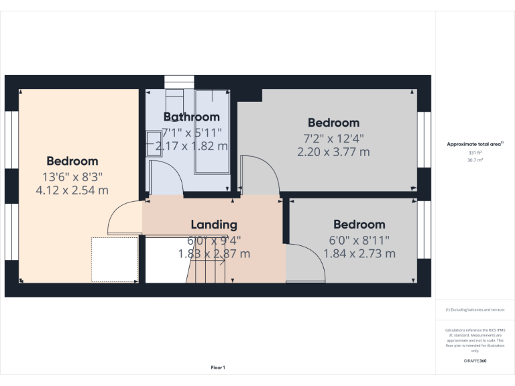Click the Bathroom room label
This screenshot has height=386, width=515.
click(x=191, y=117)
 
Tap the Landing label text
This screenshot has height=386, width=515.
click(x=214, y=224)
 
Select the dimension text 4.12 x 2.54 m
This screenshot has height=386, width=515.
click(x=72, y=190)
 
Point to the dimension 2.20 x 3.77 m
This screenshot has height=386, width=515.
click(x=333, y=152)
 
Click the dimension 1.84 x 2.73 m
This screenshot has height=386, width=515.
click(x=359, y=253)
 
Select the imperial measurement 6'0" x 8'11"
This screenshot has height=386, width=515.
click(x=359, y=239)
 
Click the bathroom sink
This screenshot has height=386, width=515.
click(x=154, y=143)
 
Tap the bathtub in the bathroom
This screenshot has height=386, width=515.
click(x=211, y=131)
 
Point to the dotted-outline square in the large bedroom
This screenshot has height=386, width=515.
click(x=114, y=259)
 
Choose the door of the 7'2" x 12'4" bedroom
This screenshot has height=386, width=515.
click(x=259, y=176)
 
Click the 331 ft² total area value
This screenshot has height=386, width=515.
click(x=475, y=153)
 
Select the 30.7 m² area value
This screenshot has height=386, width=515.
click(x=475, y=160)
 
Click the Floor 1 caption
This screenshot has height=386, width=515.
click(x=218, y=367)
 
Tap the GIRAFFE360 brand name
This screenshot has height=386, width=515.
click(x=475, y=361)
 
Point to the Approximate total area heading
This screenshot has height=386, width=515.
click(x=475, y=144)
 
